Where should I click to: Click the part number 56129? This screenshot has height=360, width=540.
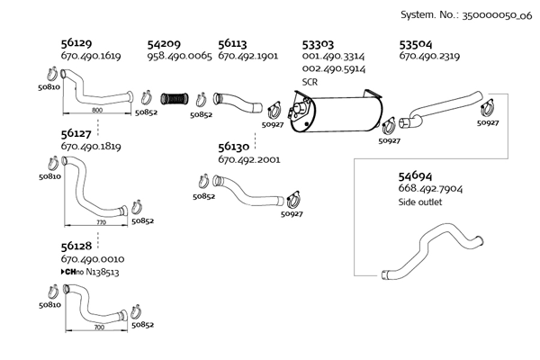click(76, 42)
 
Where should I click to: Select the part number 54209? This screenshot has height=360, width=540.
click(164, 42)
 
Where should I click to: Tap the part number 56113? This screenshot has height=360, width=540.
click(234, 42)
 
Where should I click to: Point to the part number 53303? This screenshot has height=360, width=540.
click(319, 42)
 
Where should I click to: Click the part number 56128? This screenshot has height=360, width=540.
click(76, 246)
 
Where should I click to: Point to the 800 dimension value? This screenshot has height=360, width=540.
click(96, 109)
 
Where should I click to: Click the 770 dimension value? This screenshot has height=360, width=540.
click(101, 220)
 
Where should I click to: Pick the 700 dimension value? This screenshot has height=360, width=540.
click(99, 328)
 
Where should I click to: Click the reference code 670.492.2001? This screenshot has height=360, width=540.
click(249, 159)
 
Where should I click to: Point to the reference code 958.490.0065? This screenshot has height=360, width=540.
click(179, 56)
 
